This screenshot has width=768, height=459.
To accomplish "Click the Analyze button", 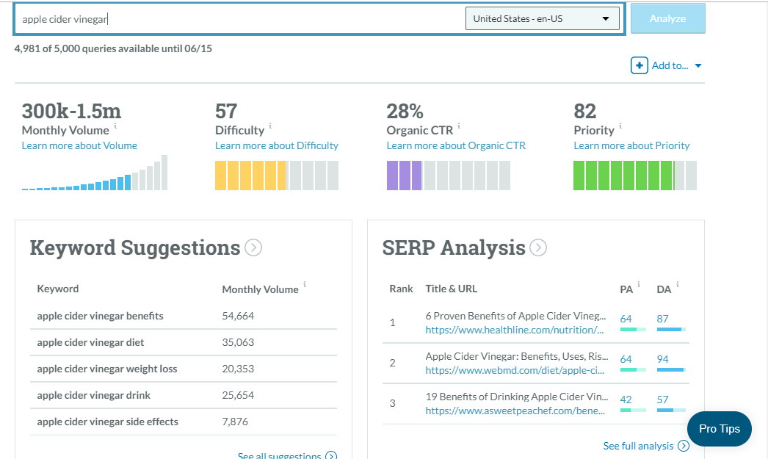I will [x=667, y=18].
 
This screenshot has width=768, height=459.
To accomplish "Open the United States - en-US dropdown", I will [x=542, y=19].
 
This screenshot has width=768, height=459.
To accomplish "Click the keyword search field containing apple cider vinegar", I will [x=235, y=19].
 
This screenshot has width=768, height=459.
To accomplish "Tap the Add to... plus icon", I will [x=639, y=65].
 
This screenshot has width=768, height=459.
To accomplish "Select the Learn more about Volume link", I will [x=79, y=145].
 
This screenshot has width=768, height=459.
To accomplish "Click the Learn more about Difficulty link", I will [x=276, y=145].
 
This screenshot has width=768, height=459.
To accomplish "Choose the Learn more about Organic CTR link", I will [x=456, y=145].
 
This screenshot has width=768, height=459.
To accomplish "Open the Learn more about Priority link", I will [x=631, y=145].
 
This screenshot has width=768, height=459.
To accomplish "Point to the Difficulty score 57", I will [x=226, y=112].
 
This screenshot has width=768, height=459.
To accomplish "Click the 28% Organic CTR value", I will [x=405, y=112].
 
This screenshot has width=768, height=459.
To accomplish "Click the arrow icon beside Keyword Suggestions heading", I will [x=253, y=248].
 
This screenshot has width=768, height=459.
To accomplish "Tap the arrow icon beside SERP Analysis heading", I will [x=538, y=248].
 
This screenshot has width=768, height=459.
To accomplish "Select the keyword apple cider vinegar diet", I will [x=90, y=342].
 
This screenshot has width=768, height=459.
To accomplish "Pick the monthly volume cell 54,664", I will [x=238, y=316].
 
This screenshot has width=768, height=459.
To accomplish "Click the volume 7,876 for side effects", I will [x=235, y=422].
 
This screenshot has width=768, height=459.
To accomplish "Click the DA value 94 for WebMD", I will [x=663, y=359].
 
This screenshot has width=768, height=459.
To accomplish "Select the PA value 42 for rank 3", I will [x=626, y=400].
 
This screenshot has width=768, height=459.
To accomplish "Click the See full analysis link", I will [x=638, y=446].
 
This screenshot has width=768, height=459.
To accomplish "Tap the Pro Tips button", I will [x=719, y=429].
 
